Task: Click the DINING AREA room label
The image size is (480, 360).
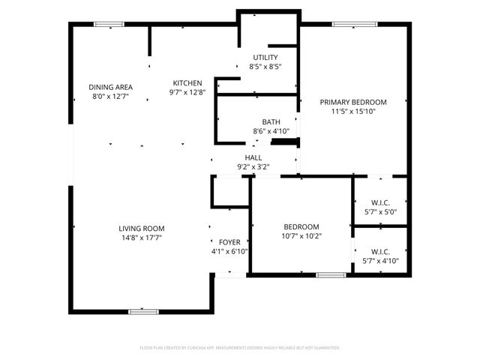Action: [x=110, y=87]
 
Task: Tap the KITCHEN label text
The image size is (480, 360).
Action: [x=187, y=83]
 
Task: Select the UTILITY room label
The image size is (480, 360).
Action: [x=265, y=58]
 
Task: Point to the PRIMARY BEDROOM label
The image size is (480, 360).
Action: [x=352, y=102]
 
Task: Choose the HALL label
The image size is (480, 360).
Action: [x=253, y=157]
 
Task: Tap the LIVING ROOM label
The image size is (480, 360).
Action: [x=141, y=228]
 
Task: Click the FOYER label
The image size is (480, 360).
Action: [x=229, y=242]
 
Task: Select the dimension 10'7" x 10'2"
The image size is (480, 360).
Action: [x=301, y=236]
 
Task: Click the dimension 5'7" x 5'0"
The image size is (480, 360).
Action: [x=379, y=211]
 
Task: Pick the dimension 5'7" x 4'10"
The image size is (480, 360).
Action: [x=379, y=261]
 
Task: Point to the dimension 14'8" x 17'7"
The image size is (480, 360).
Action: [x=141, y=237]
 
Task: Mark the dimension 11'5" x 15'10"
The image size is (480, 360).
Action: [x=352, y=111]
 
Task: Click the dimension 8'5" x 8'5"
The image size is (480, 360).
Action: [x=265, y=67]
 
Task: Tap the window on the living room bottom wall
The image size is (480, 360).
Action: [x=143, y=310]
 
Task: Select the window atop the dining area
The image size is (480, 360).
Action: [x=109, y=24]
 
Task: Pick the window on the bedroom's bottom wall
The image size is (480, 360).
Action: [x=330, y=275]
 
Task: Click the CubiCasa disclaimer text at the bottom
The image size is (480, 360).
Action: [x=240, y=348]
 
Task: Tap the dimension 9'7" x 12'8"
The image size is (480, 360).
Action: [x=187, y=92]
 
